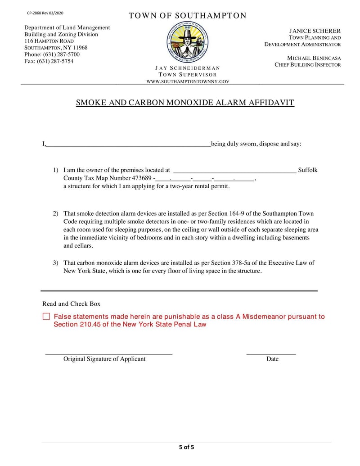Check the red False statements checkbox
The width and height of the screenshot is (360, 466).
click(46, 317)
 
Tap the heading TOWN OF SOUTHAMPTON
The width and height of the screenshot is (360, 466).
click(188, 16)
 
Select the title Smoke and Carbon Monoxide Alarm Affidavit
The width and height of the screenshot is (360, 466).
click(185, 103)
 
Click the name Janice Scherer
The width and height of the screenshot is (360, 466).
click(315, 31)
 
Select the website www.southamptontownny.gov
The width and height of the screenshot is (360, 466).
click(188, 81)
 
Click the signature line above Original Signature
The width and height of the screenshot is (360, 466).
click(108, 353)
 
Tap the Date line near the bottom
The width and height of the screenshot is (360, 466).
click(271, 353)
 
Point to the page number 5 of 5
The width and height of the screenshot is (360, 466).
click(186, 447)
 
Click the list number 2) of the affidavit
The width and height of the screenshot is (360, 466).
click(56, 213)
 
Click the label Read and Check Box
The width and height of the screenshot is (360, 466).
click(71, 304)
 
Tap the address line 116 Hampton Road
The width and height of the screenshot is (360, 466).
click(49, 41)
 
